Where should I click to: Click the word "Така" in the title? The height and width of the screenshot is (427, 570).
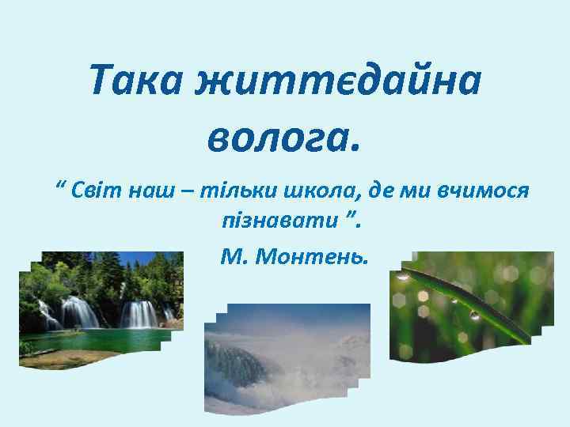pyautogui.click(x=135, y=79)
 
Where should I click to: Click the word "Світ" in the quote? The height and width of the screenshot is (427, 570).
pyautogui.click(x=97, y=191)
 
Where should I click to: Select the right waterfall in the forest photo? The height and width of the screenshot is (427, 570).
pyautogui.click(x=139, y=314)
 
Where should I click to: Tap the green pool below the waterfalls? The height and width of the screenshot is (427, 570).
pyautogui.click(x=95, y=341)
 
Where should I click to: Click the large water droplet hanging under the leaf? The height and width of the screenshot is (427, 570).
pyautogui.click(x=474, y=315)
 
